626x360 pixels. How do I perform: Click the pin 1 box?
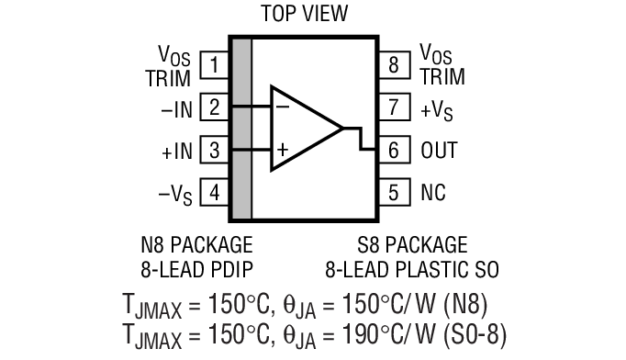click(214, 65)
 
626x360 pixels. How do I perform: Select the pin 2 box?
click(214, 107)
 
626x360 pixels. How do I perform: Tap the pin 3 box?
click(214, 150)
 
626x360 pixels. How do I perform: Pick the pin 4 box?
click(214, 193)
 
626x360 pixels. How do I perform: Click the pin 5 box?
click(393, 193)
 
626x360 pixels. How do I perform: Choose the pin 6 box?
click(393, 150)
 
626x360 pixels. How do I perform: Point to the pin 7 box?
click(393, 107)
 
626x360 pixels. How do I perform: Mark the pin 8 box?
click(393, 65)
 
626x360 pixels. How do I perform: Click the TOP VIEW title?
click(305, 13)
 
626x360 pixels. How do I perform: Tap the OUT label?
click(439, 150)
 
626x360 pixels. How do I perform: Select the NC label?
click(433, 193)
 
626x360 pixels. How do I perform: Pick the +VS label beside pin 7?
click(438, 109)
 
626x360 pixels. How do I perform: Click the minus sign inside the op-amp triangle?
click(283, 106)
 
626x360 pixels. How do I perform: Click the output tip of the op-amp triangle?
click(342, 129)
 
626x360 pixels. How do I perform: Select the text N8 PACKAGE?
click(196, 245)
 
